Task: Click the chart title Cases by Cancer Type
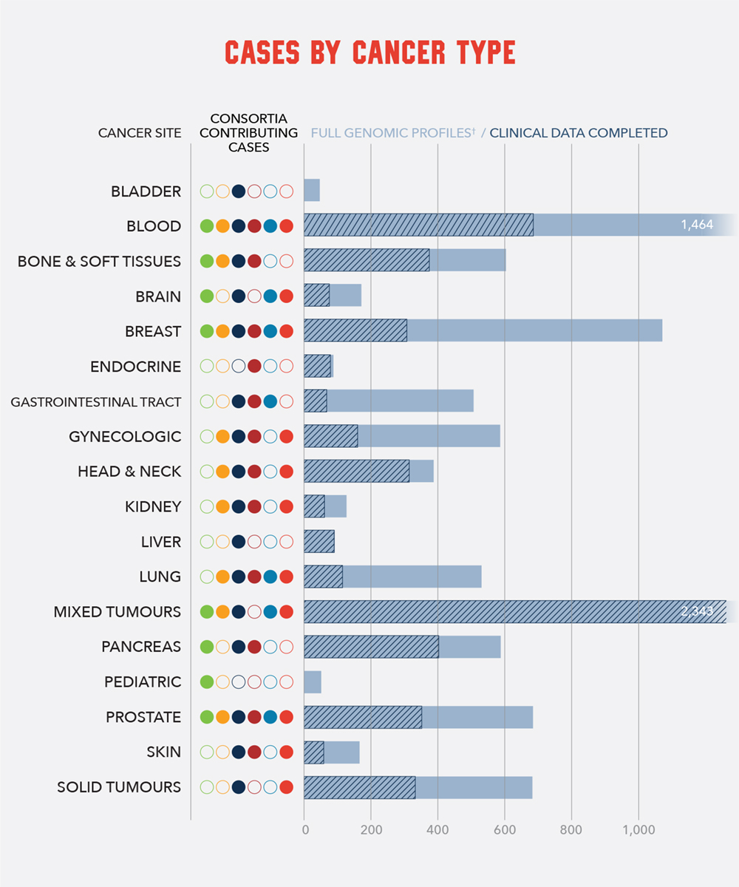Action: (369, 53)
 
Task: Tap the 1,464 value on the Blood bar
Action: (697, 225)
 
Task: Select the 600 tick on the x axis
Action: (505, 829)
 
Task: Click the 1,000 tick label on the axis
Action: (638, 829)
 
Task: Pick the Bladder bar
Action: (312, 191)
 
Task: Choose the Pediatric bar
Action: (313, 682)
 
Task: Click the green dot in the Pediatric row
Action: (207, 682)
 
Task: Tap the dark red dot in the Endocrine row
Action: (254, 366)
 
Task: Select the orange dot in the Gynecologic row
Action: (222, 436)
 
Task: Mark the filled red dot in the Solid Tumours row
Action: (286, 787)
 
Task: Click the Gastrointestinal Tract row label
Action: (96, 402)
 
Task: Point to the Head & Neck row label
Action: (129, 472)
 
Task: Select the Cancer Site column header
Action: (140, 134)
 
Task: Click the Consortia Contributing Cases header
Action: (248, 133)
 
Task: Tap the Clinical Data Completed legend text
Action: (579, 134)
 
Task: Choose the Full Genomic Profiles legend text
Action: (392, 134)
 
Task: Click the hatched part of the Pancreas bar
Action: (371, 647)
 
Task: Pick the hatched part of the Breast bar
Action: (355, 330)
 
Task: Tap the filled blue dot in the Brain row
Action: (270, 296)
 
